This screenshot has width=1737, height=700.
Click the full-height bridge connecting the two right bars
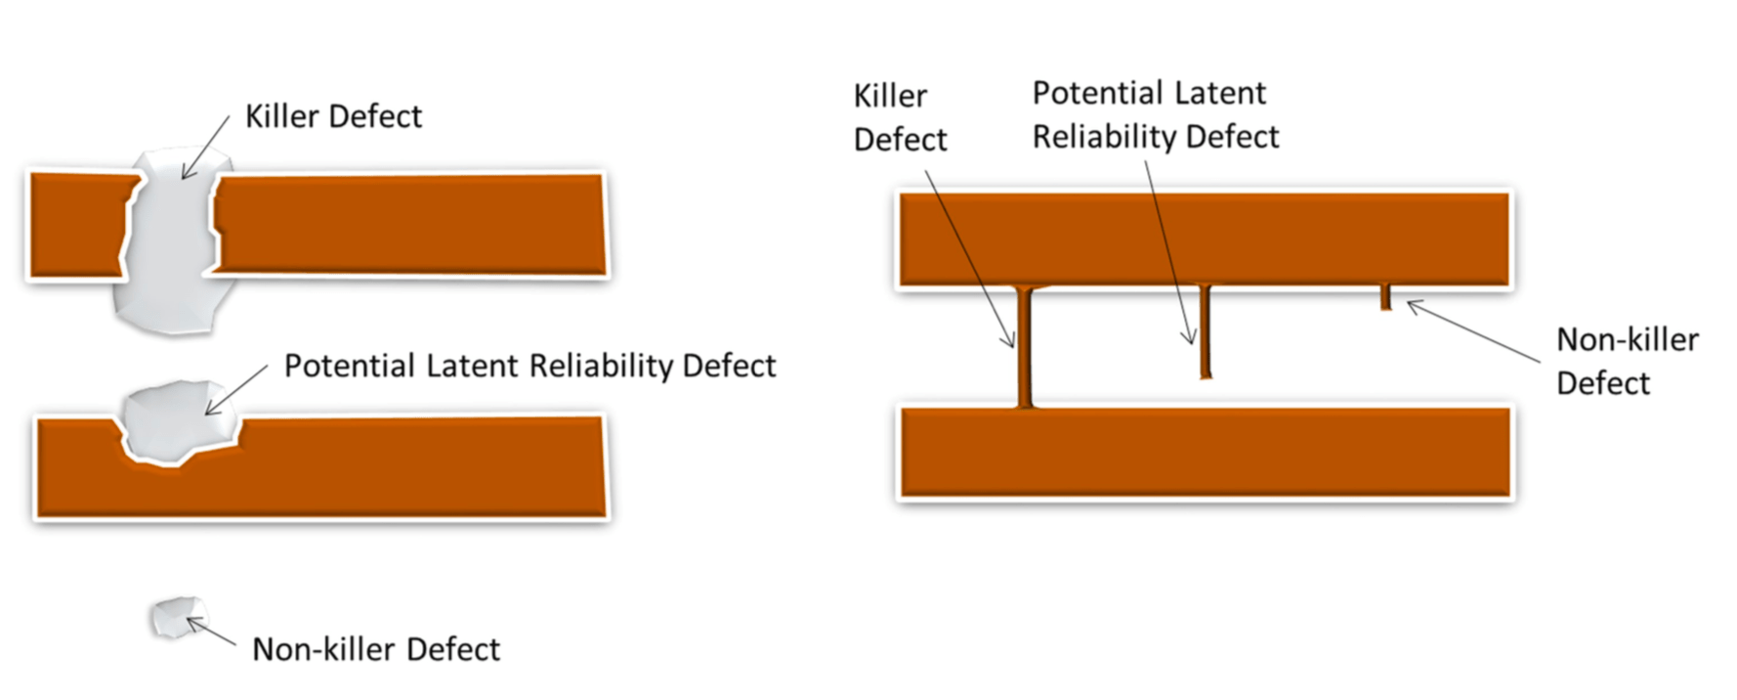tap(1025, 347)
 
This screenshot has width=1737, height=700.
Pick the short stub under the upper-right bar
tap(1385, 297)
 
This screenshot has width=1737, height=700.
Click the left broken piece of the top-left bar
tap(78, 225)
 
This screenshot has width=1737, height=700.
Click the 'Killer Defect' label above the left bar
tap(333, 116)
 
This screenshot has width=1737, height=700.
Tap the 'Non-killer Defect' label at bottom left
tap(376, 649)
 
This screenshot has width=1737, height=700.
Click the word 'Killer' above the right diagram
tap(890, 96)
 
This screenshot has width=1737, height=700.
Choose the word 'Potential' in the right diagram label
tap(1095, 93)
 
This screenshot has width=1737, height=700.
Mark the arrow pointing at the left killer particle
tap(205, 148)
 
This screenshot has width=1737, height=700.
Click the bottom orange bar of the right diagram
tap(1205, 453)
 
